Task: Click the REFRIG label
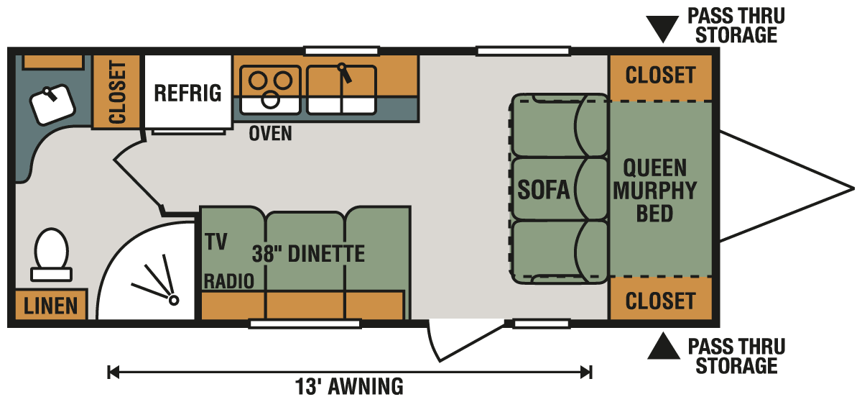(x=187, y=93)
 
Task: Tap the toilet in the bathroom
(x=51, y=255)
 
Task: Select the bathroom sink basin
(x=52, y=104)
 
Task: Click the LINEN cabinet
(x=51, y=304)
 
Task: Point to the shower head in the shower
(x=174, y=300)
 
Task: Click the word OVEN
(x=270, y=134)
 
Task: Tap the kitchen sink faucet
(x=344, y=73)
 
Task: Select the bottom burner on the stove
(x=270, y=100)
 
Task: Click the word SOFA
(x=543, y=190)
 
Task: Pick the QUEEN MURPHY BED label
(x=654, y=191)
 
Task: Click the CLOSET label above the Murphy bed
(x=660, y=76)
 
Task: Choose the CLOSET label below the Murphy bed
(x=660, y=301)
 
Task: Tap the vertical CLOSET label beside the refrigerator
(x=117, y=92)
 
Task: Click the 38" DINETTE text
(x=308, y=254)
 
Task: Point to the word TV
(x=216, y=242)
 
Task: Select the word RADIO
(x=229, y=281)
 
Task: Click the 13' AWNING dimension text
(x=349, y=386)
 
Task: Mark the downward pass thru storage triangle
(x=662, y=27)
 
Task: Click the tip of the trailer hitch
(x=854, y=189)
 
